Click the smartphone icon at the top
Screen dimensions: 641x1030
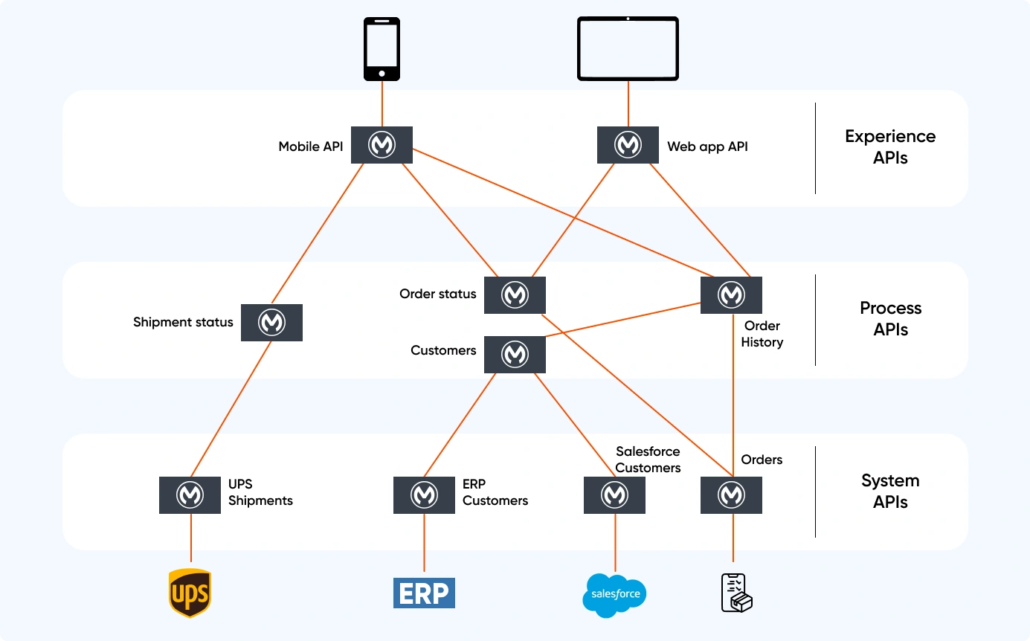[x=382, y=49]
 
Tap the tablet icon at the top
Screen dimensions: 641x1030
[x=628, y=48]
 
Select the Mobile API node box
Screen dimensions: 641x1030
[x=382, y=145]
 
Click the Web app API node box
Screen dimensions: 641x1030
[x=628, y=145]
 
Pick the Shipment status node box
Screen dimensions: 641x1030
[x=271, y=323]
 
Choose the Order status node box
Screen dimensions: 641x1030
[x=515, y=295]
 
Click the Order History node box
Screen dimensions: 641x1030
[x=731, y=295]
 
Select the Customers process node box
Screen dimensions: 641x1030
[x=515, y=354]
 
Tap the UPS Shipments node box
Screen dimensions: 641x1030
[x=190, y=495]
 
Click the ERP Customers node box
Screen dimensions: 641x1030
[x=424, y=495]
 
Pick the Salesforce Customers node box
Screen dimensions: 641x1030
[x=614, y=495]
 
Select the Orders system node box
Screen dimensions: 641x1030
[x=731, y=495]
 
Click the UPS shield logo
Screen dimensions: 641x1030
[x=190, y=593]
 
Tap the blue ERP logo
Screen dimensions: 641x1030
[x=424, y=593]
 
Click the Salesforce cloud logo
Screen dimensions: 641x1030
[x=614, y=595]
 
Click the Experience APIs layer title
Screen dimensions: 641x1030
[x=890, y=147]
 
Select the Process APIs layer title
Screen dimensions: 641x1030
[x=890, y=319]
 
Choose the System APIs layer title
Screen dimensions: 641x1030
[x=890, y=492]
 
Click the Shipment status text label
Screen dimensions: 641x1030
[x=183, y=323]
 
